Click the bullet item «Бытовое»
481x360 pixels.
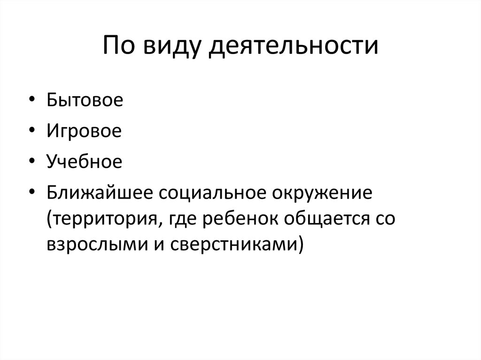pos(85,101)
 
